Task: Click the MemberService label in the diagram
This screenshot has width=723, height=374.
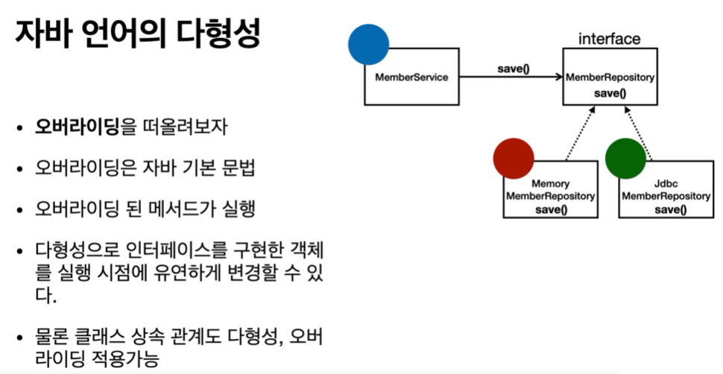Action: point(406,77)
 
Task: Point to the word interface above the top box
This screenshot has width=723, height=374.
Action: point(609,38)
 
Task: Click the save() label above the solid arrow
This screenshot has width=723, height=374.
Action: point(513,69)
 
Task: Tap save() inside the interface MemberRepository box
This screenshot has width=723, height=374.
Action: point(610,93)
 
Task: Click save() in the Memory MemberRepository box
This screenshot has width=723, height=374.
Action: point(551,209)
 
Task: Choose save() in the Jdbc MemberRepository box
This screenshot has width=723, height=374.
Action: point(666,209)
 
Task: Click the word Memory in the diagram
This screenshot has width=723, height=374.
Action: point(551,184)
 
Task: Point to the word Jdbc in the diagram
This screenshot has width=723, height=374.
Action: point(666,184)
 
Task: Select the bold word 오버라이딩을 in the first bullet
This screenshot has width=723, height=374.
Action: point(78,127)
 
